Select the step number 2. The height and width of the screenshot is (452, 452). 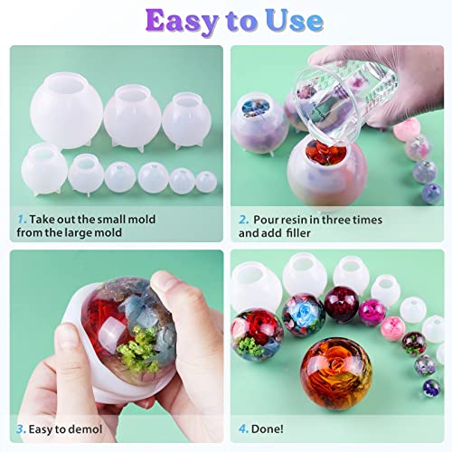point(242,220)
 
